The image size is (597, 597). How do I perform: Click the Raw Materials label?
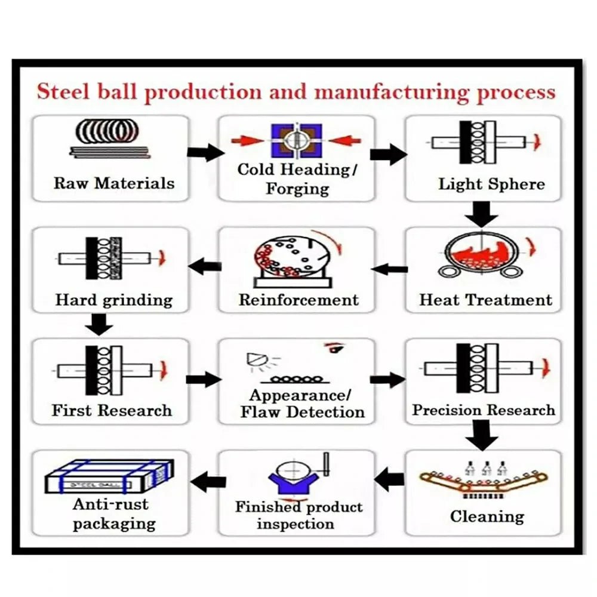pyautogui.click(x=114, y=183)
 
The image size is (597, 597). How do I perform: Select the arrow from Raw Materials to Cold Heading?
pyautogui.click(x=205, y=152)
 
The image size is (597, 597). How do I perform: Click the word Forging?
pyautogui.click(x=297, y=189)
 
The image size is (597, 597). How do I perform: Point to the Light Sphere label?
pyautogui.click(x=491, y=184)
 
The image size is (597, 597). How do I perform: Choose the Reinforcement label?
pyautogui.click(x=298, y=300)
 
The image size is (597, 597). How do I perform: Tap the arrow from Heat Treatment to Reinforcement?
pyautogui.click(x=390, y=269)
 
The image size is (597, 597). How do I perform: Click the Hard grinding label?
pyautogui.click(x=114, y=300)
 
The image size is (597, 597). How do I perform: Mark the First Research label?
pyautogui.click(x=112, y=411)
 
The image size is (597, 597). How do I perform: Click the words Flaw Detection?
pyautogui.click(x=302, y=412)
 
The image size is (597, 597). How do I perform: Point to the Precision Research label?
pyautogui.click(x=484, y=410)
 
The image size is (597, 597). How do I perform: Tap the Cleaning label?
pyautogui.click(x=487, y=516)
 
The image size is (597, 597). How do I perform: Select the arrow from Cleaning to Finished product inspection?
pyautogui.click(x=390, y=478)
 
